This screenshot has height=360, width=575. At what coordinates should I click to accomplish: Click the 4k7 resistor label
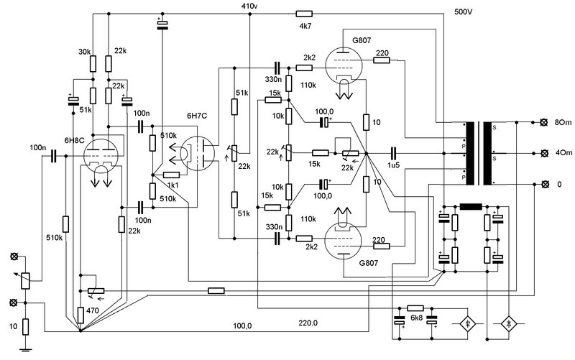point(305,26)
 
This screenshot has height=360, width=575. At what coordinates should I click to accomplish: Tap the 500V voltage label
point(463,11)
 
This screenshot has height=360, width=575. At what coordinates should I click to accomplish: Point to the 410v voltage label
point(249,6)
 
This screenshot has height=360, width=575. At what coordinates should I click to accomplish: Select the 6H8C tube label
point(75,140)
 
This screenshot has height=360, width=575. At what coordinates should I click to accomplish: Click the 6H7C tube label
point(197,116)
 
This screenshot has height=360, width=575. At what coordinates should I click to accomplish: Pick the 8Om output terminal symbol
point(545,122)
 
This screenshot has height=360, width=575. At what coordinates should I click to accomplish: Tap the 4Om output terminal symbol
point(545,153)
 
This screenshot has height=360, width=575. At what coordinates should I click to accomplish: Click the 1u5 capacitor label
point(393,165)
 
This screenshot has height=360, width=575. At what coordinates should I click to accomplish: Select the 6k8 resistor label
point(417,318)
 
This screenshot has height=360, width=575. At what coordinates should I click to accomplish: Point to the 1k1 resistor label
point(172,185)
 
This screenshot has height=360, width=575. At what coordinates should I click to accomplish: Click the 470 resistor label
point(93,310)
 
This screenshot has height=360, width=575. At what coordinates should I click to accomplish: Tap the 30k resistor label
point(84,52)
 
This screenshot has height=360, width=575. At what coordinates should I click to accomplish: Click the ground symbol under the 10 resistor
point(25,349)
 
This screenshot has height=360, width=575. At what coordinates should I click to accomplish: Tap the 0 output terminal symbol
point(545,184)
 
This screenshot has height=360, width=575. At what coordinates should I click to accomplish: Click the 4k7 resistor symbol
point(304,14)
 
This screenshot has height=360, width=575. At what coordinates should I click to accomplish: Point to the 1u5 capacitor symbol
point(393,153)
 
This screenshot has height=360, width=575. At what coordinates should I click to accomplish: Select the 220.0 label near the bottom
point(308,323)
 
